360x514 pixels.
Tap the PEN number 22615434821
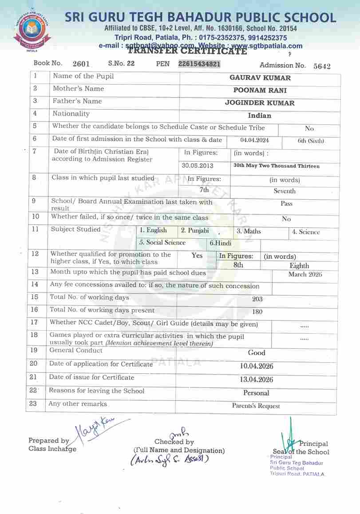click(199, 64)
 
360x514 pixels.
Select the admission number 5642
click(322, 67)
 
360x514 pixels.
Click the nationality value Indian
click(260, 115)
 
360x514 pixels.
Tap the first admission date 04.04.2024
click(254, 141)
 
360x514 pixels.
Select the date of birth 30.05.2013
click(198, 166)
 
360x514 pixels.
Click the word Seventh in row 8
click(285, 191)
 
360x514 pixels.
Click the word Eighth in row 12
click(299, 265)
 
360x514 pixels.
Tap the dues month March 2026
click(305, 274)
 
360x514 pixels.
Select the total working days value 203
click(257, 299)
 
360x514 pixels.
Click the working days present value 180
click(257, 312)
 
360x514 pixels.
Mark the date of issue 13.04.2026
click(256, 380)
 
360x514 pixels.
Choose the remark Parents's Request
click(256, 406)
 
